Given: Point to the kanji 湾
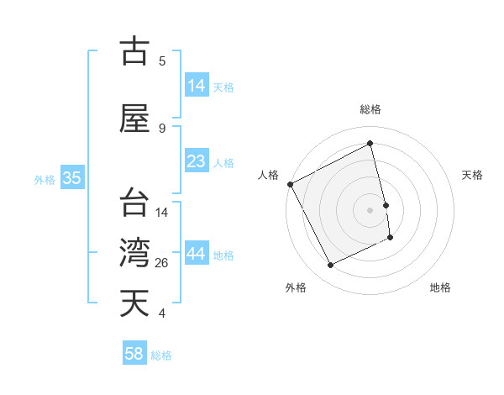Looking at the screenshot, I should tap(135, 252).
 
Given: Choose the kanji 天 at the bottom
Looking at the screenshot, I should tap(135, 303).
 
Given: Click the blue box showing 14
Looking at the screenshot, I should tap(197, 86).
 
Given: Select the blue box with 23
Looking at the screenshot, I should tap(197, 161).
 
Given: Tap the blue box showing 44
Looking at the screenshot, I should tap(197, 254).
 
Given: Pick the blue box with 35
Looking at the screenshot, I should tap(72, 178).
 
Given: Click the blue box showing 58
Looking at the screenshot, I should tap(134, 354).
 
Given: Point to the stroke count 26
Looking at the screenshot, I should tap(162, 263).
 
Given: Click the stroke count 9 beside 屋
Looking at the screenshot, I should tap(162, 128).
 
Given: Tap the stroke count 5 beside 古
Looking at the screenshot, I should tap(162, 61).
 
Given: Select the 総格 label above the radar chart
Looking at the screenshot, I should tap(370, 109).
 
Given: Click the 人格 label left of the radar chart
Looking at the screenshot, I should tap(268, 175).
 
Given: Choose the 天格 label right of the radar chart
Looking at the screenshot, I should tap(473, 175).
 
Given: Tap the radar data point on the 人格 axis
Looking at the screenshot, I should tap(290, 184).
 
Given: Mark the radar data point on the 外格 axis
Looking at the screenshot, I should tap(331, 266).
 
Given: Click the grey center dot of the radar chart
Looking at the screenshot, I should tap(370, 210).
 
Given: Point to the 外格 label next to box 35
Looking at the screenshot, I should tap(44, 179).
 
